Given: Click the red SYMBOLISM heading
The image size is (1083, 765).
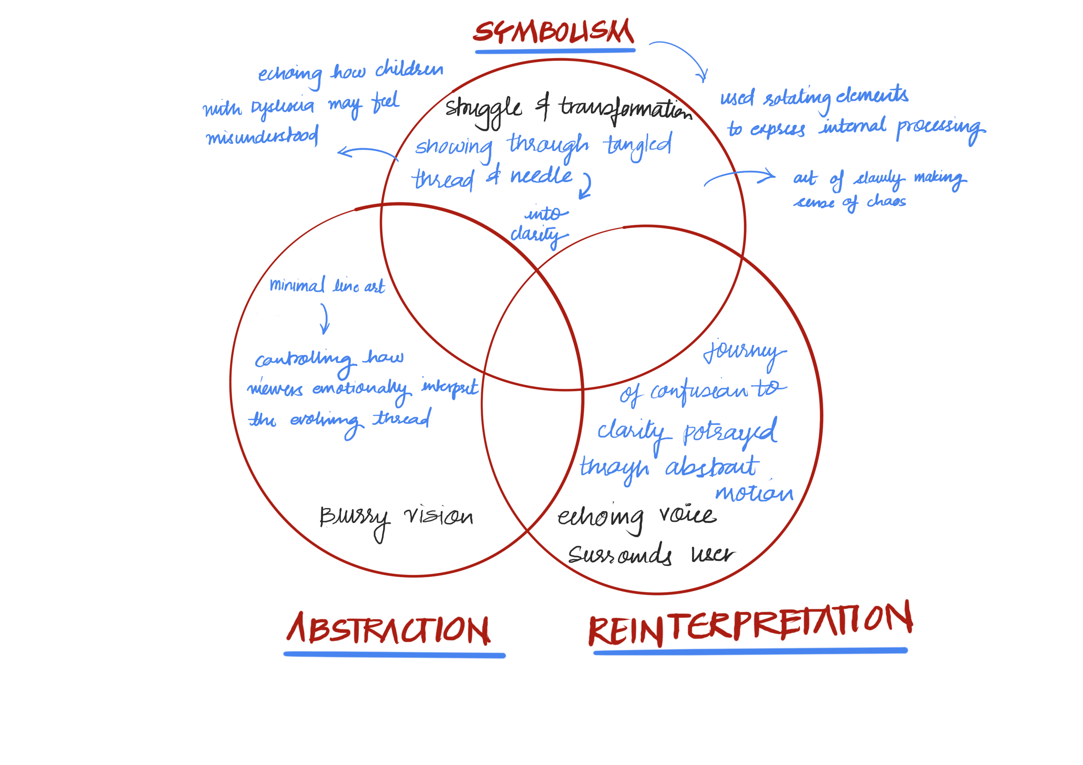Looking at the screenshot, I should pyautogui.click(x=554, y=32).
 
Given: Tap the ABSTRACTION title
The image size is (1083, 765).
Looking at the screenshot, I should pyautogui.click(x=389, y=630).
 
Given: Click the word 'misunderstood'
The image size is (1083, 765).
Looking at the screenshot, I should pyautogui.click(x=262, y=136).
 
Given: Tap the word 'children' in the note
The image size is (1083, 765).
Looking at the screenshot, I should pyautogui.click(x=409, y=69).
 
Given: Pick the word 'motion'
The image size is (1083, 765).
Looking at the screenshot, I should pyautogui.click(x=754, y=493).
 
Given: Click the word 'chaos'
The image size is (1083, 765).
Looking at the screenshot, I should pyautogui.click(x=886, y=202).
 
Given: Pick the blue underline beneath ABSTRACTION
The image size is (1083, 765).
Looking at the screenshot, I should pyautogui.click(x=394, y=655).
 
